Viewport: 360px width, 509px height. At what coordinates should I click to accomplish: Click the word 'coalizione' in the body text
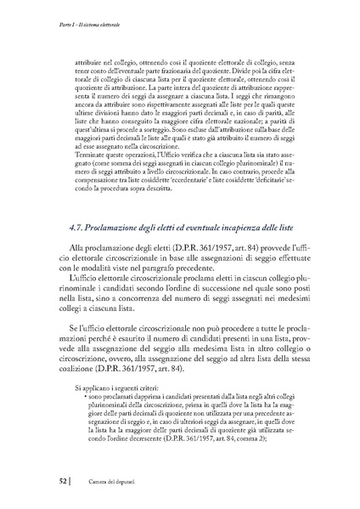point(88,369)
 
